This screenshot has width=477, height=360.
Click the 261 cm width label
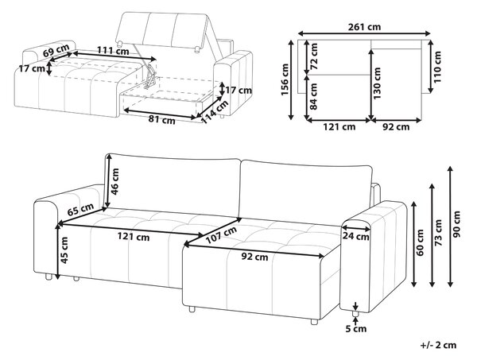click(x=364, y=27)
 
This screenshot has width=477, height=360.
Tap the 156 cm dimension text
click(x=285, y=79)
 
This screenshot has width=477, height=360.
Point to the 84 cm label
click(x=314, y=96)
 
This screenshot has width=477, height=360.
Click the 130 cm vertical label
click(x=377, y=83)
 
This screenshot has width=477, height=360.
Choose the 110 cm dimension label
click(x=437, y=67)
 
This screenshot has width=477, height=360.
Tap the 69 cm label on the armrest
click(x=56, y=50)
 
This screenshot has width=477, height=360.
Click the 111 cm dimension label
click(x=113, y=51)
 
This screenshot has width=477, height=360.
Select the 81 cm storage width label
click(x=162, y=119)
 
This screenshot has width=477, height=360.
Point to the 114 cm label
click(x=215, y=112)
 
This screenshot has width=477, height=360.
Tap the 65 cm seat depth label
click(x=80, y=210)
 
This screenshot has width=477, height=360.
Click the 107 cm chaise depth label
click(x=221, y=235)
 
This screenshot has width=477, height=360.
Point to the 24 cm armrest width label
click(x=355, y=236)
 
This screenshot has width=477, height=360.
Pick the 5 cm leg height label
click(x=356, y=329)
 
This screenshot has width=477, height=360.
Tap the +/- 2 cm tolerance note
click(x=438, y=345)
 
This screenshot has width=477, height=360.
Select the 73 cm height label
click(x=438, y=233)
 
